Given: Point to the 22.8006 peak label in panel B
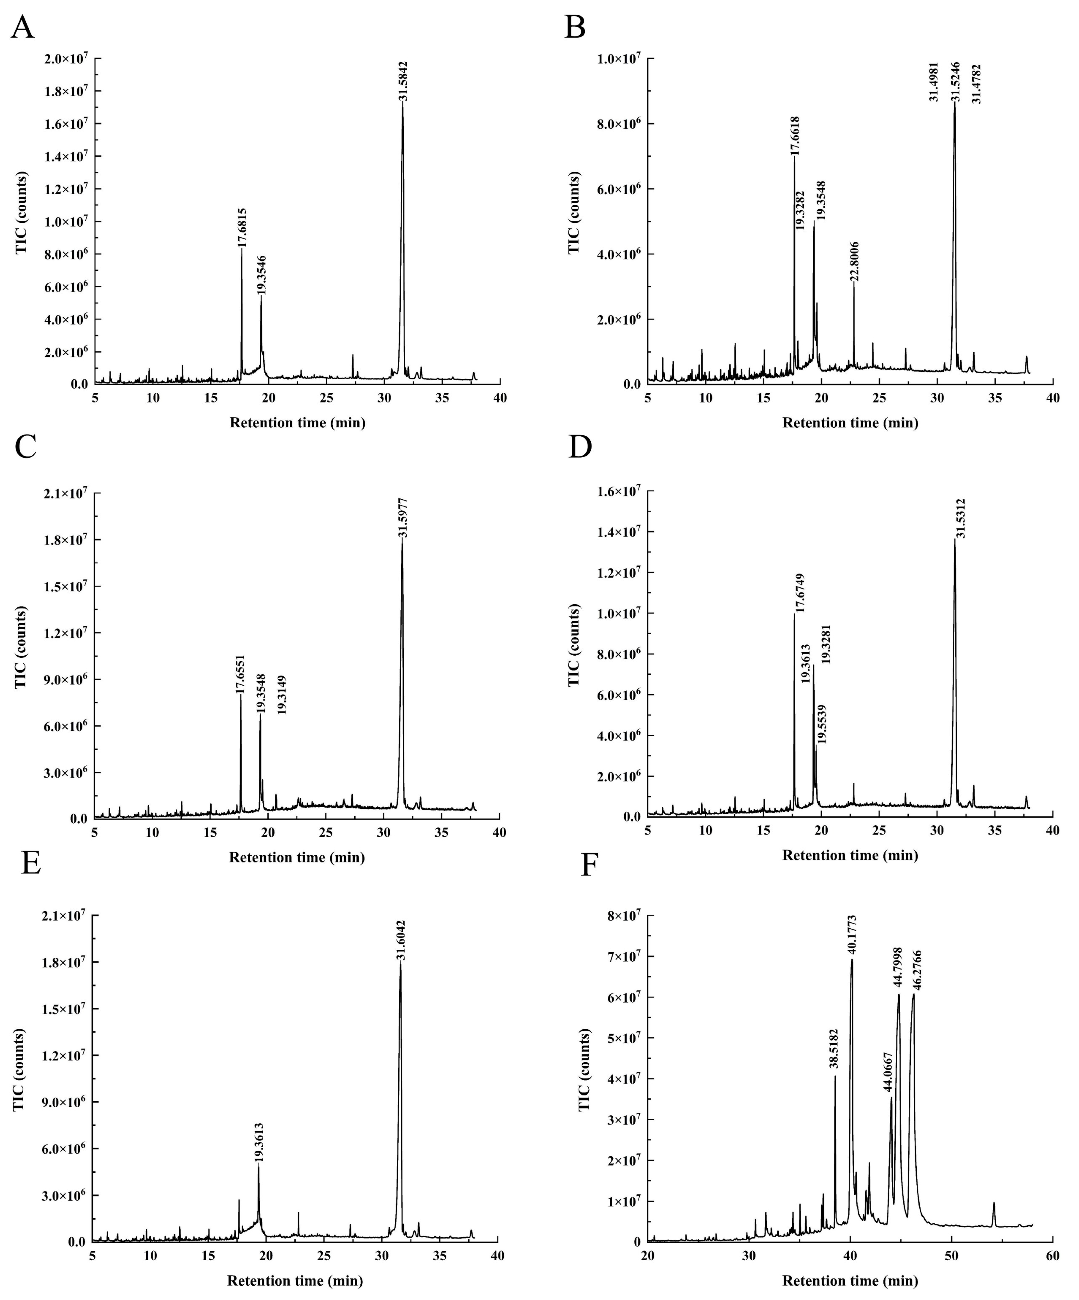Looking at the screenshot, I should pos(855,262).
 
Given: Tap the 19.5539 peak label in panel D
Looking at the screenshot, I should pos(822,724).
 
